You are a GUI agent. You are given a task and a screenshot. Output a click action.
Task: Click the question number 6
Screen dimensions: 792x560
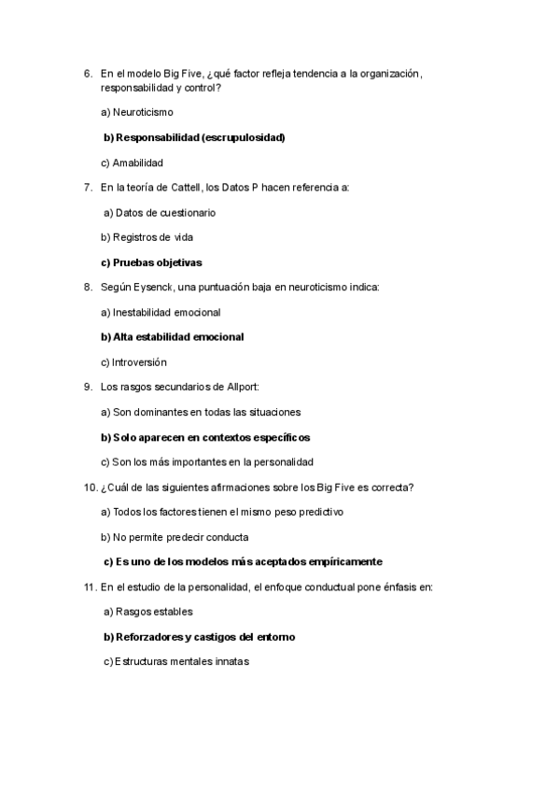87,73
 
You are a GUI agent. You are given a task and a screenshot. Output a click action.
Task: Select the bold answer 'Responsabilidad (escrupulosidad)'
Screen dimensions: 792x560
200,137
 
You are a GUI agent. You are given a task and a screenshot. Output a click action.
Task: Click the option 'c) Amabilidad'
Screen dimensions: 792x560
132,163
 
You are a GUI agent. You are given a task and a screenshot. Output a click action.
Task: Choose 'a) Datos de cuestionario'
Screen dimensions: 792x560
160,213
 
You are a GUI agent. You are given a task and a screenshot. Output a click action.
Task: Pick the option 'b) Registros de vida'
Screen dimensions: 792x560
147,237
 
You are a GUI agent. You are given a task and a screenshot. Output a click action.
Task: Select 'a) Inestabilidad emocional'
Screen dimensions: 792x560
161,312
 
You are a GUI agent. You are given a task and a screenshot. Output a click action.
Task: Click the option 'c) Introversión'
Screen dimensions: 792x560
133,361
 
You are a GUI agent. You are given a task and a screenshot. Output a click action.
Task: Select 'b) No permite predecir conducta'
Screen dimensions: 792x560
174,537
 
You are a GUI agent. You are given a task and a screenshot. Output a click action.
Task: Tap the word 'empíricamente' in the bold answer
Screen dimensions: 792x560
338,561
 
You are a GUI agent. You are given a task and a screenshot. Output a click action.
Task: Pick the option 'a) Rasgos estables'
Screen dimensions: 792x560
147,612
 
